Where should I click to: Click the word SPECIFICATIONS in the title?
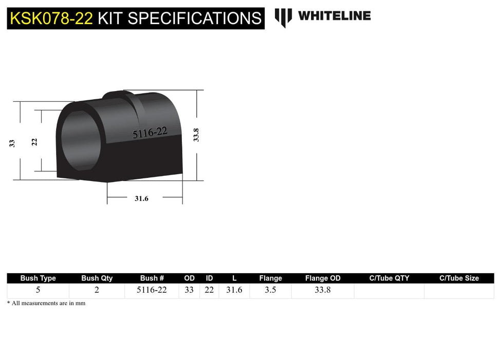(195, 19)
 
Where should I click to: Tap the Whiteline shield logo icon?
(283, 17)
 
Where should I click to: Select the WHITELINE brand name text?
(334, 16)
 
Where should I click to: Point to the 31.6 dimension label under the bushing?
(141, 199)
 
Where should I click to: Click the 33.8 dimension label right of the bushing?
(196, 135)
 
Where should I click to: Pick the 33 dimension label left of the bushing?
(12, 143)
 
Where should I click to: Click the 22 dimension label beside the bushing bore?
(34, 142)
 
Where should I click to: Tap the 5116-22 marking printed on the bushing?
(150, 133)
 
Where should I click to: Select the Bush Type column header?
(38, 278)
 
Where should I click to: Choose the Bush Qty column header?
(97, 278)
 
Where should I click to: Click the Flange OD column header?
(323, 278)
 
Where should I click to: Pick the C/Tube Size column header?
(459, 278)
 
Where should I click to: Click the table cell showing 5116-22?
(152, 290)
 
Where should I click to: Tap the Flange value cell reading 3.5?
(270, 290)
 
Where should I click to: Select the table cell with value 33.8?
(323, 290)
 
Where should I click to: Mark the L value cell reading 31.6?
(234, 290)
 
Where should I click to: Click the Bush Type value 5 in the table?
(38, 290)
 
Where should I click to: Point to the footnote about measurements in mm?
(46, 303)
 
